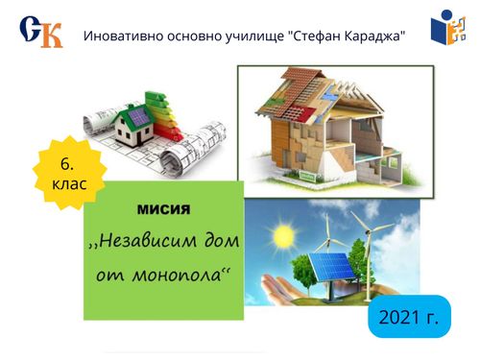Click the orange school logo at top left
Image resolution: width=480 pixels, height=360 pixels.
(41, 32)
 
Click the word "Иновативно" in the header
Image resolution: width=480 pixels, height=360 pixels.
(125, 36)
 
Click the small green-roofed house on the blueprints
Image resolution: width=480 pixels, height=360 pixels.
(137, 120)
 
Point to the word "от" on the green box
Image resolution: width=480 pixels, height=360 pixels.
(108, 274)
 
